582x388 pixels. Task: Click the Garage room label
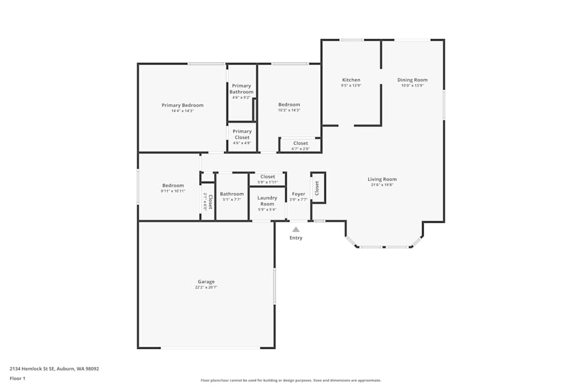pyautogui.click(x=206, y=282)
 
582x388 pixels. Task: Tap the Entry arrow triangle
pyautogui.click(x=296, y=230)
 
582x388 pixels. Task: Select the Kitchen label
pyautogui.click(x=351, y=80)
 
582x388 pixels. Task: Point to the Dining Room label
pyautogui.click(x=412, y=80)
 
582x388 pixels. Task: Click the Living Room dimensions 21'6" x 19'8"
pyautogui.click(x=382, y=185)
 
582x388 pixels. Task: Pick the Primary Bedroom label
pyautogui.click(x=182, y=105)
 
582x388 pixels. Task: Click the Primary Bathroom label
pyautogui.click(x=241, y=89)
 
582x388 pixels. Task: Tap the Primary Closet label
pyautogui.click(x=242, y=134)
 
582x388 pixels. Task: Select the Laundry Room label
pyautogui.click(x=267, y=201)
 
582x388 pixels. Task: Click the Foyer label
pyautogui.click(x=299, y=194)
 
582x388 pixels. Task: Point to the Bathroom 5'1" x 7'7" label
pyautogui.click(x=232, y=194)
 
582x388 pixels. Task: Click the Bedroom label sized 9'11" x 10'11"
pyautogui.click(x=173, y=186)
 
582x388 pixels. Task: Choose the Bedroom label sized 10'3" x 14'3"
pyautogui.click(x=289, y=105)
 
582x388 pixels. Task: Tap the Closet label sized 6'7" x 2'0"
pyautogui.click(x=300, y=143)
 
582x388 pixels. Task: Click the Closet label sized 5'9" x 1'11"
pyautogui.click(x=267, y=177)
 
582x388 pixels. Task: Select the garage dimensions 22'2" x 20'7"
pyautogui.click(x=206, y=287)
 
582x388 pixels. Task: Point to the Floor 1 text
pyautogui.click(x=17, y=378)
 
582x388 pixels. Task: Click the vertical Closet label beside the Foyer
pyautogui.click(x=317, y=188)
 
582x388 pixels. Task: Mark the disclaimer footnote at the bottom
pyautogui.click(x=291, y=380)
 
